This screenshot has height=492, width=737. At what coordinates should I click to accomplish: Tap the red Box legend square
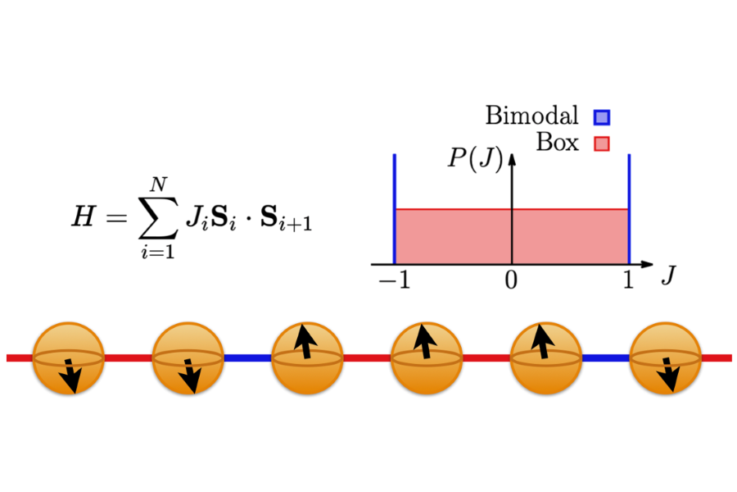tap(603, 144)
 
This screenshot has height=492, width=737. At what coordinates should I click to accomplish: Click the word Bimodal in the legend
tap(531, 116)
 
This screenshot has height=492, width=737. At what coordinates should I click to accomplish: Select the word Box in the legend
tap(557, 143)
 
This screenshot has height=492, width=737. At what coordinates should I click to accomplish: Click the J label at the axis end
tap(668, 276)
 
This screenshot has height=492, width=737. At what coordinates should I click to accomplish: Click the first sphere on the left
tap(68, 358)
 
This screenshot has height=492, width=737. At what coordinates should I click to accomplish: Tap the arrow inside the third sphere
tap(306, 343)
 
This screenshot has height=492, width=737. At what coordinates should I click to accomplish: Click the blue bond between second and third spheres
tap(247, 358)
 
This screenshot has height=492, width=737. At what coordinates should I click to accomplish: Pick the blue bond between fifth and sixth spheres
tap(606, 358)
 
